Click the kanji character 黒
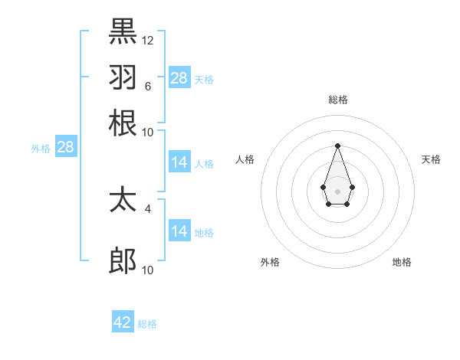click(x=123, y=31)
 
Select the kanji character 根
click(x=123, y=123)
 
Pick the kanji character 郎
click(x=123, y=262)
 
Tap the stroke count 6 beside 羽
click(x=147, y=86)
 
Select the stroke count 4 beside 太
click(x=148, y=208)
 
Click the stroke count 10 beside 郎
click(x=148, y=270)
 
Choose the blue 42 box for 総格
click(x=123, y=322)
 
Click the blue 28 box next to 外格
click(x=65, y=148)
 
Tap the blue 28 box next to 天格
click(x=179, y=78)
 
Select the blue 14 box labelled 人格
click(x=179, y=162)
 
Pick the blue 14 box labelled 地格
click(x=179, y=231)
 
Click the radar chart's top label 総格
click(x=337, y=100)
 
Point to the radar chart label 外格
click(x=270, y=262)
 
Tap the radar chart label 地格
click(x=402, y=262)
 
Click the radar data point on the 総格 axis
click(x=337, y=145)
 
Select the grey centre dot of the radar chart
click(x=337, y=190)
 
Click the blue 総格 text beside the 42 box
click(x=147, y=324)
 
